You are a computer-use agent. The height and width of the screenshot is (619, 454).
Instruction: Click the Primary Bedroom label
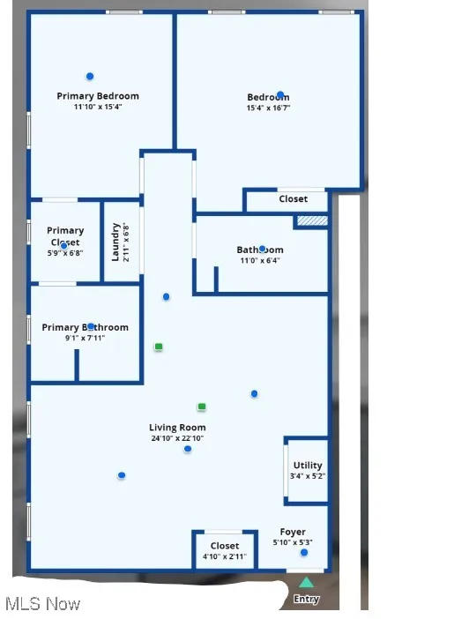click(98, 96)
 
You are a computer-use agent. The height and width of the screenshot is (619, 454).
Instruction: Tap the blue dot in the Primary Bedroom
click(90, 77)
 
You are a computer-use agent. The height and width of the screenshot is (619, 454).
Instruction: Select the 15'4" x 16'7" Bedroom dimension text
click(268, 108)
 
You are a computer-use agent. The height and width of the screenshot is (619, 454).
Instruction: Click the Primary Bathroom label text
click(85, 327)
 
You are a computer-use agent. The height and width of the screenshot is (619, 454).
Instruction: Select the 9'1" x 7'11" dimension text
click(85, 338)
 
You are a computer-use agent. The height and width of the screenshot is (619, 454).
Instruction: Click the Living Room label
click(177, 428)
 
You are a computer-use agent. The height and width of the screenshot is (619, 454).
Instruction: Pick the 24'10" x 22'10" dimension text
click(177, 438)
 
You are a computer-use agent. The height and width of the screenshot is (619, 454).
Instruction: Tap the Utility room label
click(308, 465)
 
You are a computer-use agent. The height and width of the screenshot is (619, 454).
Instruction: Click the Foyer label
click(293, 532)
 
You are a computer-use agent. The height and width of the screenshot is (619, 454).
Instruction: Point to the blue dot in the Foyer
click(304, 553)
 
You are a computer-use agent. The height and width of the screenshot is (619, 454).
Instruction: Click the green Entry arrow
click(306, 583)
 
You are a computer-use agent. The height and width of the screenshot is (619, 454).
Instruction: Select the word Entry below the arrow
click(306, 600)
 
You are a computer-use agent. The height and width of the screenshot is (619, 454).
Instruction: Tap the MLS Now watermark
click(42, 604)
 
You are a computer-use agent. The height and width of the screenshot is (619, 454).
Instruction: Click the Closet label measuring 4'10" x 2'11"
click(225, 546)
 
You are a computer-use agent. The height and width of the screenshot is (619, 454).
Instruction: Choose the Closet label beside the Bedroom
click(294, 199)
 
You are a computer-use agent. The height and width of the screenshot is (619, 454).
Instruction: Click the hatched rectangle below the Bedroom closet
click(312, 221)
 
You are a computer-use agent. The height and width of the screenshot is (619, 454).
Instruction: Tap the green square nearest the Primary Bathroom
click(159, 347)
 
